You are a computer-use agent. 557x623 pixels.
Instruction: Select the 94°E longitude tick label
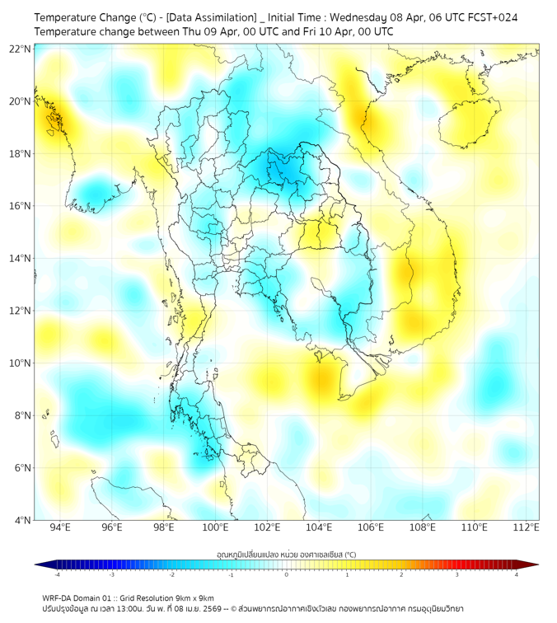[x=60, y=527]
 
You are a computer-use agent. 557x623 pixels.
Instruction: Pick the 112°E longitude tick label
[x=527, y=527]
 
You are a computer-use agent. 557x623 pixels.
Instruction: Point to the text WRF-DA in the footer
[x=58, y=597]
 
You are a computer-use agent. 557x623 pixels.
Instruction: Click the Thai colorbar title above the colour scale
[x=286, y=554]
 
